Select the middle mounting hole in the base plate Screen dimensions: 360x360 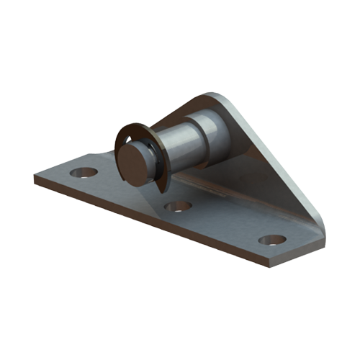pos(178,207)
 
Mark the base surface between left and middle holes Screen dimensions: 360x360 pos(130,191)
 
